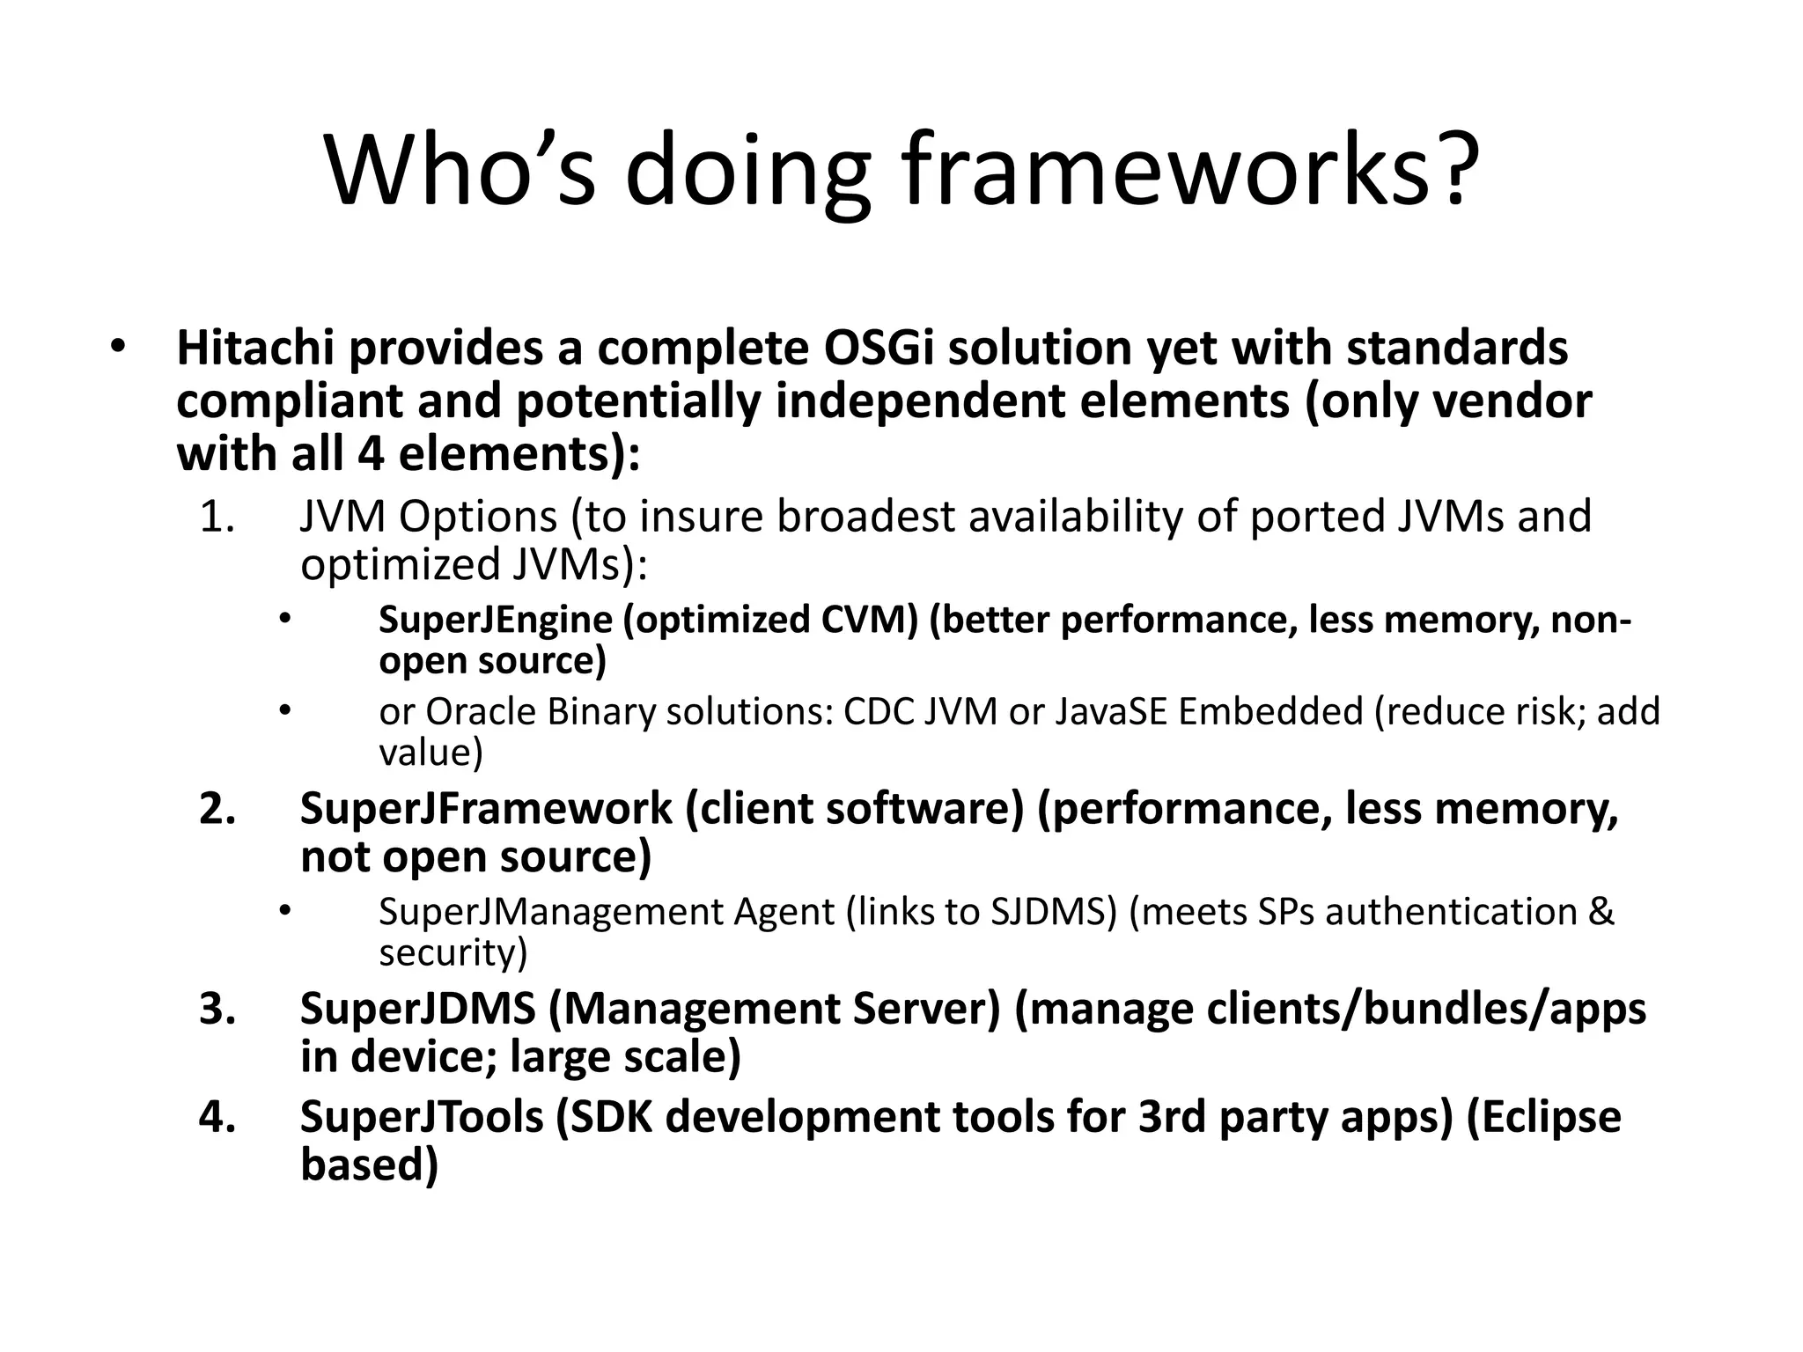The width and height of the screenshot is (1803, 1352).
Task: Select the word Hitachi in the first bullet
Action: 254,348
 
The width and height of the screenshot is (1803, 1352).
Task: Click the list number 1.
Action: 217,517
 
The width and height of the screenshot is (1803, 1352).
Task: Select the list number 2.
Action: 217,809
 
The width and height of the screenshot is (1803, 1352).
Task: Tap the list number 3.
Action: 217,1009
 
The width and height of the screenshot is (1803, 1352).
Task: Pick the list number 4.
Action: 217,1117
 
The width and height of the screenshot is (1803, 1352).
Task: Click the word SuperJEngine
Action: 496,621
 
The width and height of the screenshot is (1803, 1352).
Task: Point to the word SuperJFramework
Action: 486,809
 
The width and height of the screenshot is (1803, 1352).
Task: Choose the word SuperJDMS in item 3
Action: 417,1009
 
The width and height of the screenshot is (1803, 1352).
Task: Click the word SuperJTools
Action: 422,1117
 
